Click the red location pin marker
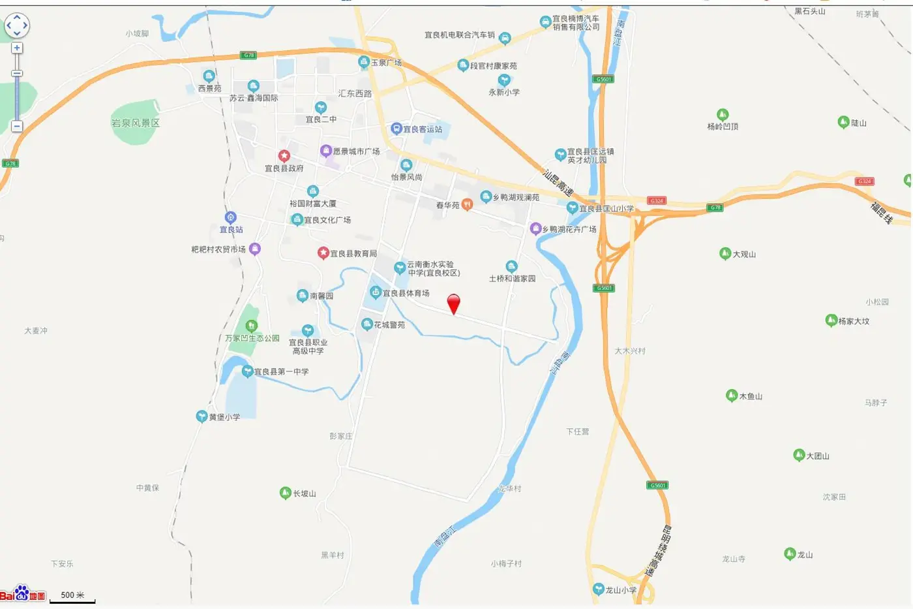[x=453, y=303]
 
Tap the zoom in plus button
[x=17, y=48]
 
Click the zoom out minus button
[x=17, y=126]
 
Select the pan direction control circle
[x=17, y=25]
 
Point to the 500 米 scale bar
[x=72, y=597]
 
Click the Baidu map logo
[x=23, y=593]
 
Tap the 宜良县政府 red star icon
[x=284, y=156]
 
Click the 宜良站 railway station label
[x=231, y=230]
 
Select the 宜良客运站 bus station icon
[x=396, y=129]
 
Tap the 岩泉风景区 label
[x=135, y=123]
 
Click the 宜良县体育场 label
[x=406, y=293]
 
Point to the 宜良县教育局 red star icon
[x=323, y=253]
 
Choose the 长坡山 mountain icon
[x=285, y=493]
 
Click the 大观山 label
[x=744, y=254]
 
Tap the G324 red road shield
[x=657, y=200]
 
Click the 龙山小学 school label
[x=620, y=590]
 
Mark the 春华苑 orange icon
[x=467, y=204]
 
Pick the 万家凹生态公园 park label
[x=252, y=338]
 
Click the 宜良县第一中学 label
[x=281, y=371]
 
